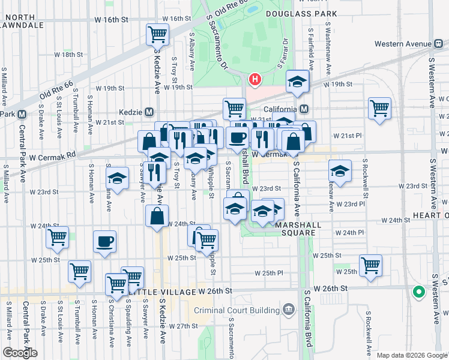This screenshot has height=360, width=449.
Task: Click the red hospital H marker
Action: (x=256, y=79)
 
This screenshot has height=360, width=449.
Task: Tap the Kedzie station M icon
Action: (x=149, y=112)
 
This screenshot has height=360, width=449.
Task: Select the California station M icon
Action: (x=304, y=109)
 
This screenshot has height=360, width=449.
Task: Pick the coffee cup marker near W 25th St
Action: (x=104, y=242)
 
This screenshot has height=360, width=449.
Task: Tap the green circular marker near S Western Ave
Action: (x=418, y=292)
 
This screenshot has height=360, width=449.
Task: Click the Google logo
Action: (x=20, y=353)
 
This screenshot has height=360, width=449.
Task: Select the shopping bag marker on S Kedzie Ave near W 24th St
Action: (x=157, y=216)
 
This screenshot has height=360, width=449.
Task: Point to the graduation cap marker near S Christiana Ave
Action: (x=116, y=178)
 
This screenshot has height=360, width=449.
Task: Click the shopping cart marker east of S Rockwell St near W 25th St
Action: (x=370, y=265)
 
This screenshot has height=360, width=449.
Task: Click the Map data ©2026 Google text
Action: (x=412, y=355)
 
